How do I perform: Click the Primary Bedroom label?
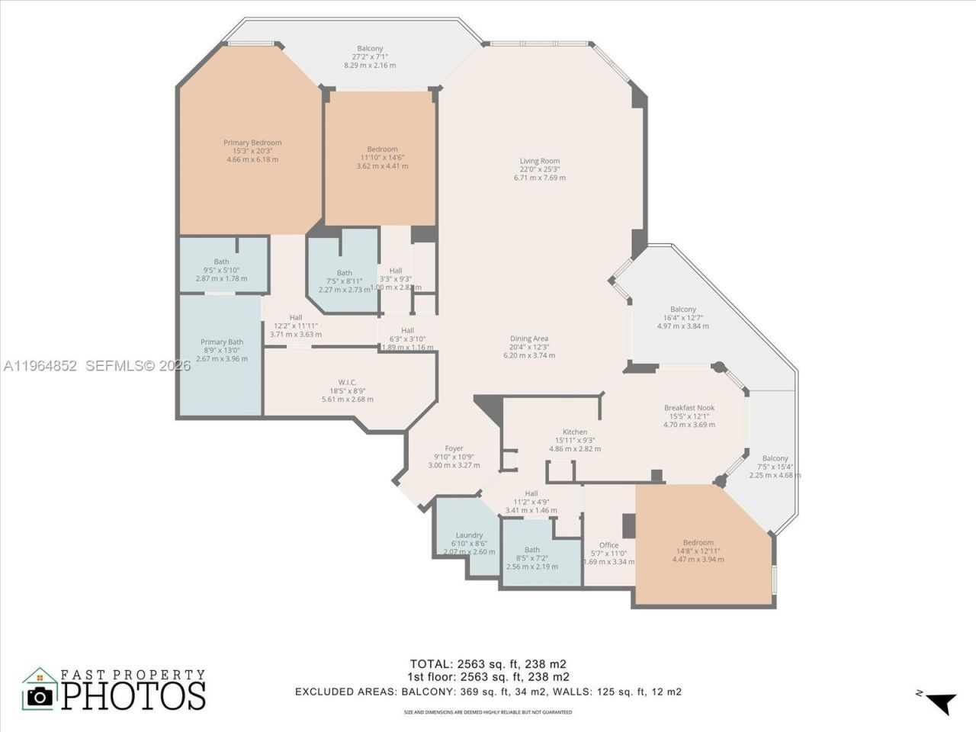pos(252,143)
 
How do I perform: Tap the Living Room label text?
pos(540,161)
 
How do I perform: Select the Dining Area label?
pos(529,339)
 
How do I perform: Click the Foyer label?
pos(454,448)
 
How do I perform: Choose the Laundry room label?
pos(469,535)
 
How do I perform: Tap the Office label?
pos(608,545)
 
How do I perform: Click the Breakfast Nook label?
pos(689,408)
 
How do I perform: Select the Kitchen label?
pos(575,432)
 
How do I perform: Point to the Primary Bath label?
pos(222,342)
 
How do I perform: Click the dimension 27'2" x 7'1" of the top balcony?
pos(370,57)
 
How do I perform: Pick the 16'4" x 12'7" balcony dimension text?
pos(682,318)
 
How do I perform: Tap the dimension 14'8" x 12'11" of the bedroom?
pos(698,551)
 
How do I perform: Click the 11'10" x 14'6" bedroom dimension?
pos(382,158)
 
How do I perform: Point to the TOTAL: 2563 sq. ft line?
pos(488,663)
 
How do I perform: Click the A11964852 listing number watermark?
pos(40,366)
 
